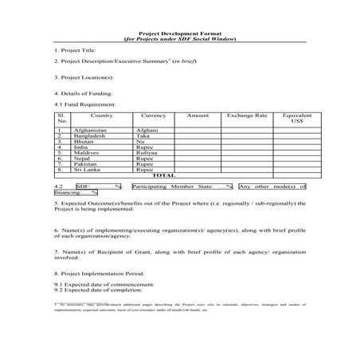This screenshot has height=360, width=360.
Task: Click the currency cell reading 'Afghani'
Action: coord(147,130)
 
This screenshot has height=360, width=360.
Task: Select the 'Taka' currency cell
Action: coord(143,136)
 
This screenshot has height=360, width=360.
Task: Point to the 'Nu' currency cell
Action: coord(140,142)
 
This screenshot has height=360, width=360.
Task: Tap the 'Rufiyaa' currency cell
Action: coord(147,153)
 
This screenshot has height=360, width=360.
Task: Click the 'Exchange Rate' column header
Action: coord(247,116)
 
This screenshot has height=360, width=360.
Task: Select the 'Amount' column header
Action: coord(197,116)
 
